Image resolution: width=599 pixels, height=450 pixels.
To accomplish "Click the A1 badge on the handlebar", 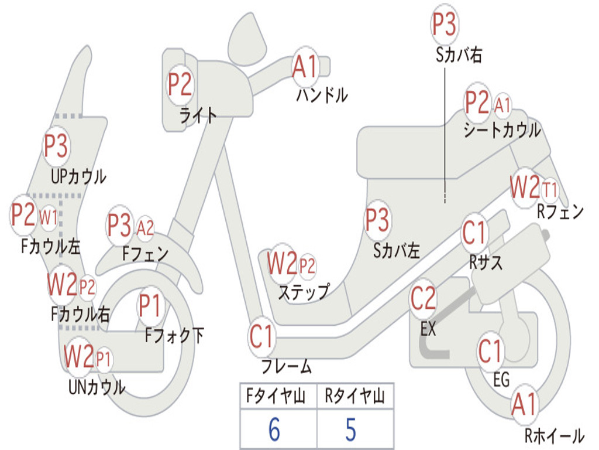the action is click(305, 66).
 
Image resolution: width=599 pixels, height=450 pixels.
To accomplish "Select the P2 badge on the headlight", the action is click(180, 84).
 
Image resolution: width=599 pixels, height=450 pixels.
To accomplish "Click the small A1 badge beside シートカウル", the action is click(502, 105).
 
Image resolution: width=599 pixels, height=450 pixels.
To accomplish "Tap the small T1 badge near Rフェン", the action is click(550, 190).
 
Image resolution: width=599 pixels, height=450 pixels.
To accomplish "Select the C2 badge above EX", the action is click(423, 299).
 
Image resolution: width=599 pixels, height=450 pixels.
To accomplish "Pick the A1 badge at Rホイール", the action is click(524, 405).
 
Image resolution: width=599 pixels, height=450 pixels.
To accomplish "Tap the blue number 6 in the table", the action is click(274, 429).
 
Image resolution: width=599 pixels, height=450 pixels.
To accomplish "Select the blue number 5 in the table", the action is click(351, 429).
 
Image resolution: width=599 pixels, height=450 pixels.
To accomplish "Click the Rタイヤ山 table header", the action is click(354, 397).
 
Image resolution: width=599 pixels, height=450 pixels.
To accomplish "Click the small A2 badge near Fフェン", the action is click(145, 227).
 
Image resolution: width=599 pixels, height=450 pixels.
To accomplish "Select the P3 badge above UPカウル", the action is click(56, 146).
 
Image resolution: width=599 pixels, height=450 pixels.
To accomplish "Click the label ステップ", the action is click(303, 291).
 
